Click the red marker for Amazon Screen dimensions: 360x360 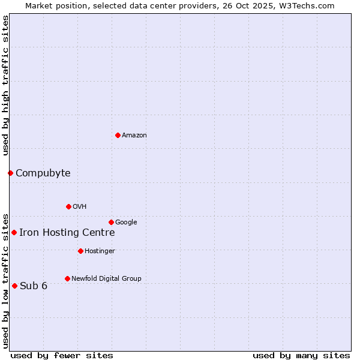[118, 135]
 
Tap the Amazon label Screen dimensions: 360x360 [134, 136]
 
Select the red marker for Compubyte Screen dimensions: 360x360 [10, 173]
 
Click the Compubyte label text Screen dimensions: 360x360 [43, 173]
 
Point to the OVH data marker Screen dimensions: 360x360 [68, 206]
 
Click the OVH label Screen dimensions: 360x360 [80, 207]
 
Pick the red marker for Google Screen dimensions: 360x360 [111, 222]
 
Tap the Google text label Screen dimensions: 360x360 [126, 223]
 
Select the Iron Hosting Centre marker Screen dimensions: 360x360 [14, 232]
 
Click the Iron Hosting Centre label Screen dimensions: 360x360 [67, 233]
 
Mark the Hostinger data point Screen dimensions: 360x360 [80, 251]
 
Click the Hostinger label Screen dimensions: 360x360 [100, 251]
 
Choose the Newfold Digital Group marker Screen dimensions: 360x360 [67, 278]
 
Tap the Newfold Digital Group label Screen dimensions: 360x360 [106, 279]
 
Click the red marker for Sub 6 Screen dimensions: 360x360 [14, 286]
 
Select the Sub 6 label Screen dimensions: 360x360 [34, 286]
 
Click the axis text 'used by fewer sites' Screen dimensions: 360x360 [62, 355]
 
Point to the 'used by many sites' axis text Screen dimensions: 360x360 [301, 355]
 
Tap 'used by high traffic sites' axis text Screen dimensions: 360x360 [5, 85]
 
